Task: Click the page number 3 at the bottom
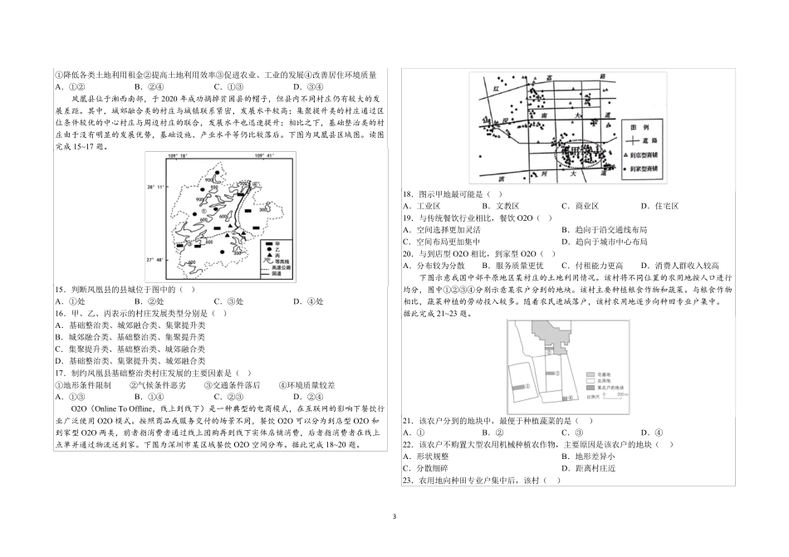[394, 515]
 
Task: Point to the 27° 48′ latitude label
[157, 261]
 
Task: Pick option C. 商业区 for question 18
[581, 205]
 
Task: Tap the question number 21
[408, 422]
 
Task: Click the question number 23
[408, 481]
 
